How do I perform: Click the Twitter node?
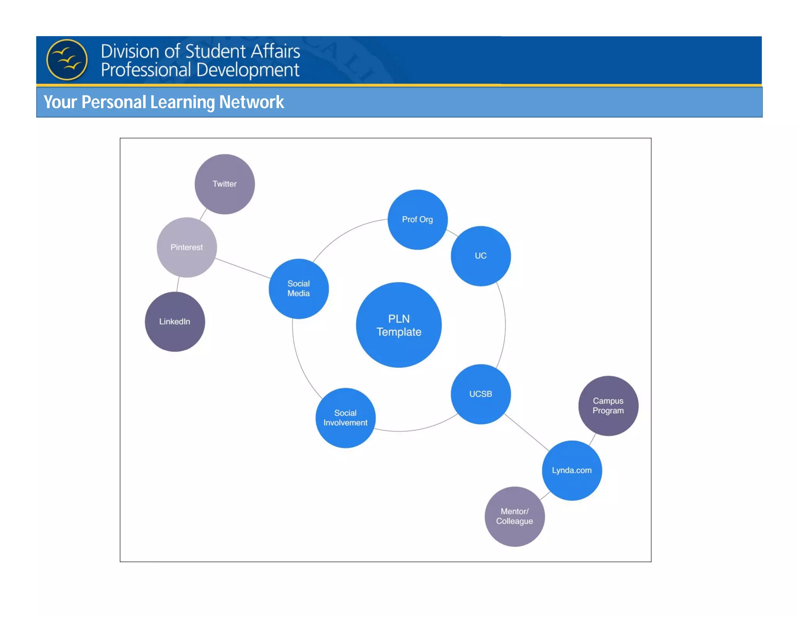click(x=225, y=184)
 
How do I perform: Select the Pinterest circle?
click(x=186, y=247)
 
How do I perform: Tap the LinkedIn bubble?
click(x=175, y=322)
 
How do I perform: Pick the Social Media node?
click(x=298, y=289)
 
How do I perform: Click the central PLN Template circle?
click(x=399, y=325)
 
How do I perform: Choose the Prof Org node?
click(x=417, y=220)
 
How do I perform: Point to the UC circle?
click(x=481, y=256)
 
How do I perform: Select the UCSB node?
click(x=481, y=394)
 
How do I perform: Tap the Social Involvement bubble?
click(x=345, y=418)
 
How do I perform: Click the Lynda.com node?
click(x=572, y=470)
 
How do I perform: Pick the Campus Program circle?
click(x=608, y=406)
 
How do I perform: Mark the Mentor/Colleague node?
click(x=515, y=516)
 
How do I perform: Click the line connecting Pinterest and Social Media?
click(x=243, y=268)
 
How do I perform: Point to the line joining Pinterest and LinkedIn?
click(x=178, y=284)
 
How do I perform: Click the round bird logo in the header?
click(x=67, y=60)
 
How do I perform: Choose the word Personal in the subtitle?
click(x=114, y=102)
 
